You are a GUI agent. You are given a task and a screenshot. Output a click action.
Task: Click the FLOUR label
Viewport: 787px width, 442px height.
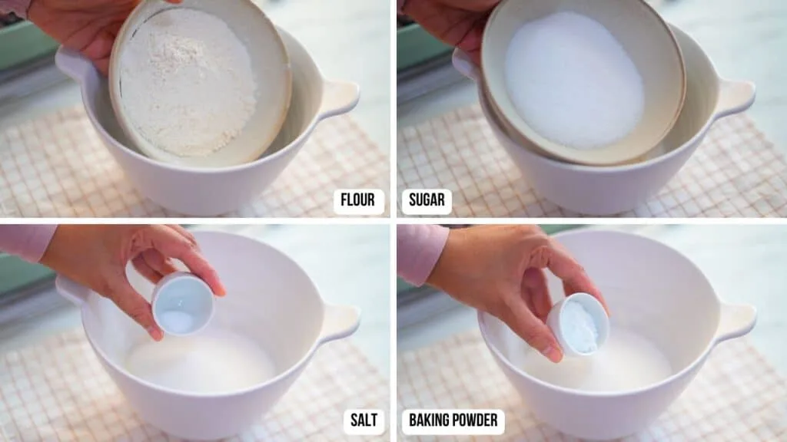[x=359, y=201]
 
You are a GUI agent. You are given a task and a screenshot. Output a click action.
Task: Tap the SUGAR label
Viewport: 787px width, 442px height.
[x=427, y=201]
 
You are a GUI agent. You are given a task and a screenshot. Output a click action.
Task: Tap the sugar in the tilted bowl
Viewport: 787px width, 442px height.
[x=574, y=80]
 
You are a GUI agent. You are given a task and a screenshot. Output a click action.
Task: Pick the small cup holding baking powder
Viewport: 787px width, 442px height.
[x=578, y=325]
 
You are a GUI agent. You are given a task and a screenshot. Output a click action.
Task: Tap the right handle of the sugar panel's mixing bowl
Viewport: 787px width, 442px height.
[x=736, y=98]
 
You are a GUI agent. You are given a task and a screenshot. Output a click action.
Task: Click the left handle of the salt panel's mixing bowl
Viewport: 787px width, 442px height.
[x=70, y=289]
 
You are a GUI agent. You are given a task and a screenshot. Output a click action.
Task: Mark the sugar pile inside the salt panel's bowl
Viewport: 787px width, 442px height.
[x=201, y=363]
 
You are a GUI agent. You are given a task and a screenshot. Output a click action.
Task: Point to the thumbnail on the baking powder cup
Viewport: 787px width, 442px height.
[x=555, y=353]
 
